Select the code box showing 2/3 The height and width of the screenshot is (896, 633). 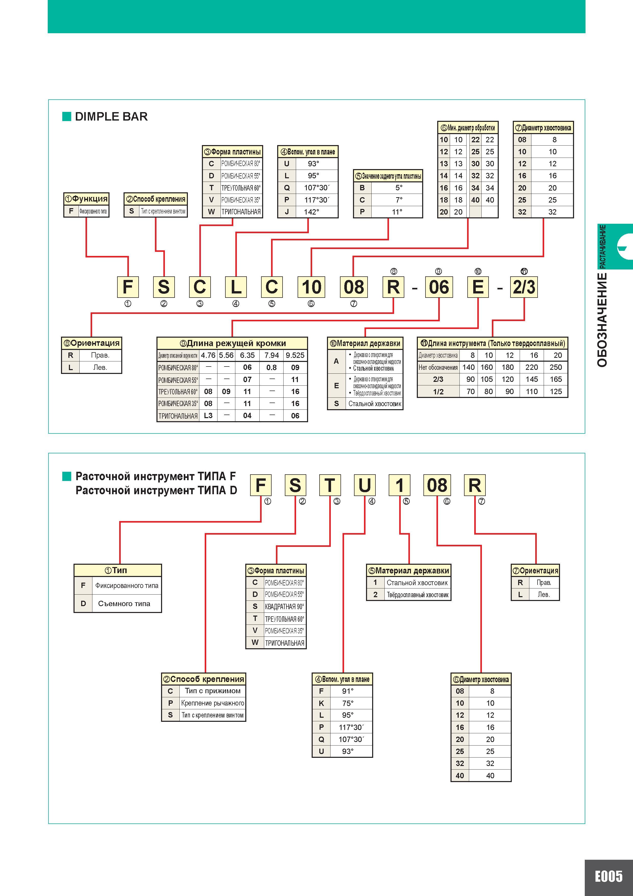pyautogui.click(x=524, y=287)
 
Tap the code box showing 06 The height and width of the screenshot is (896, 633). pyautogui.click(x=439, y=287)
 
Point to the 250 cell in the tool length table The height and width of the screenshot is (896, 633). pyautogui.click(x=556, y=367)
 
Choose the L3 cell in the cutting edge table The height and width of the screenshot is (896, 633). pyautogui.click(x=208, y=416)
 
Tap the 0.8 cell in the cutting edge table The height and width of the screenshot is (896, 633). pyautogui.click(x=272, y=367)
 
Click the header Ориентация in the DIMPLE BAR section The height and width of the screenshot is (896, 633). pyautogui.click(x=92, y=343)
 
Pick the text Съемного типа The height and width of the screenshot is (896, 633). pyautogui.click(x=124, y=604)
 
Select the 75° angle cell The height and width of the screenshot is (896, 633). pyautogui.click(x=347, y=703)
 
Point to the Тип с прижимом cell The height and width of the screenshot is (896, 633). pyautogui.click(x=213, y=691)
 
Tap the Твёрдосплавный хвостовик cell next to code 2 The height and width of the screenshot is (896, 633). pyautogui.click(x=417, y=595)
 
